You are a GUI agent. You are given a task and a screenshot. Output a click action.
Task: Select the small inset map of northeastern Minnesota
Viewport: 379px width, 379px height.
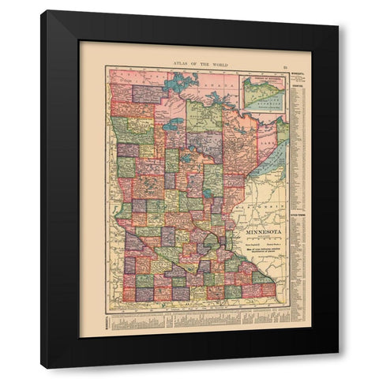(267, 95)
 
